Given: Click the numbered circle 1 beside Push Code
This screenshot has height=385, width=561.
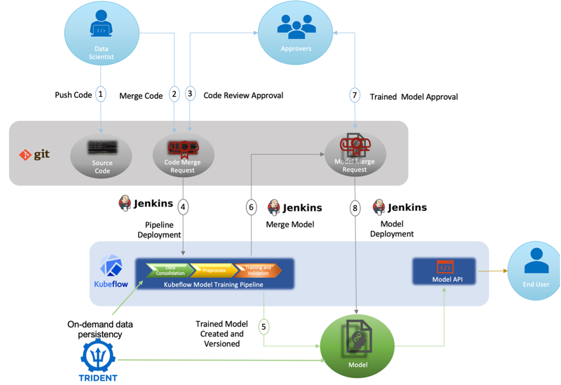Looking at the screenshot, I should click(101, 94).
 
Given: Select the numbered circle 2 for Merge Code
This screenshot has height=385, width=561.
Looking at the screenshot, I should click(175, 94).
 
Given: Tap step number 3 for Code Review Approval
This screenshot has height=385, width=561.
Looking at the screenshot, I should click(190, 94).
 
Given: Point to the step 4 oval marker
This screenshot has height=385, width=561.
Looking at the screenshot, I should click(183, 207).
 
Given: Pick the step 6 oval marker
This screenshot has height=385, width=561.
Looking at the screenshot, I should click(251, 207).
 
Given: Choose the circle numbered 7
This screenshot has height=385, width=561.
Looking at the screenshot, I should click(354, 95).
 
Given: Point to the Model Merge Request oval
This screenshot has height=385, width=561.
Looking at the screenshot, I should click(355, 154).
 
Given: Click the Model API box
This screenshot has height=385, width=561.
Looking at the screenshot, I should click(444, 271).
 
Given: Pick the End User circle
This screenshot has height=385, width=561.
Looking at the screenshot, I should click(536, 268).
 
